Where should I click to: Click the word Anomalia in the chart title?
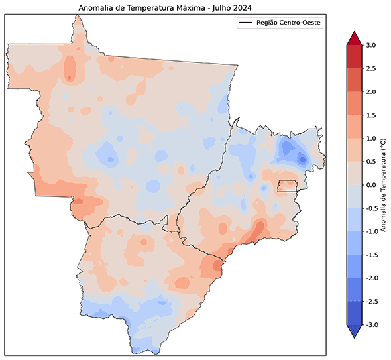click(x=96, y=8)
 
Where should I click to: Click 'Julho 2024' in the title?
click(x=232, y=8)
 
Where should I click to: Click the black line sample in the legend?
click(x=247, y=23)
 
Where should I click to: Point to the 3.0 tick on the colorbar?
click(x=370, y=45)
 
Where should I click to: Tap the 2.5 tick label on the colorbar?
click(x=370, y=68)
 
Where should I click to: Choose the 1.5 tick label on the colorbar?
click(x=370, y=115)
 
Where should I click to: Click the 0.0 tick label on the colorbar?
click(x=370, y=185)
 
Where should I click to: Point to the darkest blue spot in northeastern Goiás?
click(x=302, y=159)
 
